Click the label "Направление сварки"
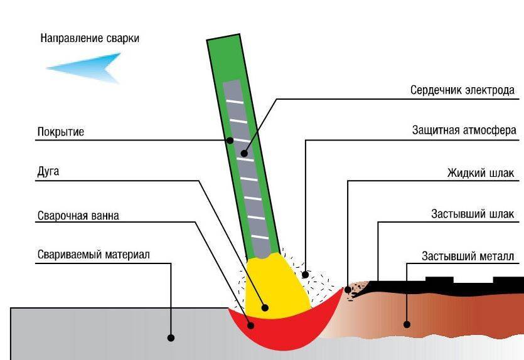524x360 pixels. (90, 38)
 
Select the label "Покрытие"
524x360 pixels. (61, 132)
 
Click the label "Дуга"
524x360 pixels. (48, 171)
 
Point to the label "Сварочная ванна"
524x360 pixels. (78, 216)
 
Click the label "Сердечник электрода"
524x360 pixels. (463, 90)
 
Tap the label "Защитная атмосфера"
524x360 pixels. (464, 131)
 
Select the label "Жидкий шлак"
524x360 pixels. (481, 172)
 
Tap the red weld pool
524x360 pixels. (282, 326)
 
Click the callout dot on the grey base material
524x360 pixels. (171, 337)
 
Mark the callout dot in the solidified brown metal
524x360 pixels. (407, 324)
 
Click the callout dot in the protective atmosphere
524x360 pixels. (306, 274)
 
